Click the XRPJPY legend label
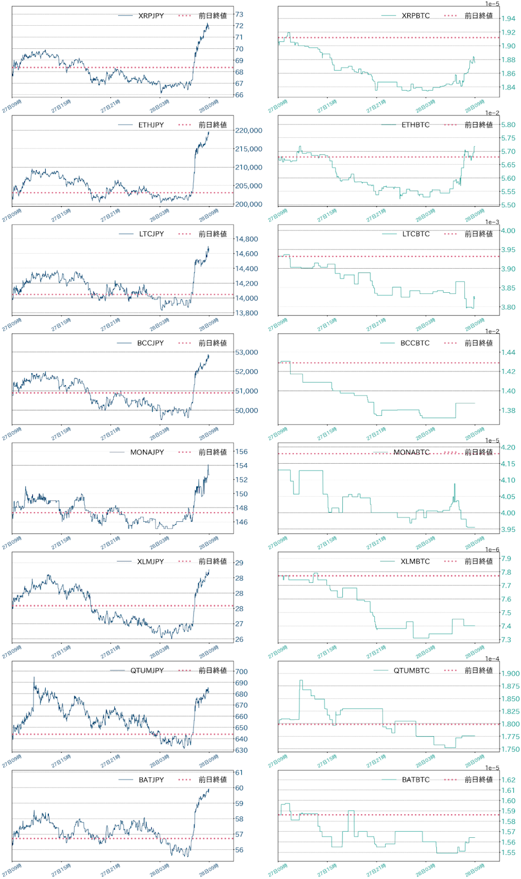click(x=151, y=16)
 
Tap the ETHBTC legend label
click(x=415, y=125)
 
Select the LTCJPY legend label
click(x=151, y=234)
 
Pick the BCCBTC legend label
click(x=415, y=343)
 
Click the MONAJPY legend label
click(x=147, y=452)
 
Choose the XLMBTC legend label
click(x=415, y=561)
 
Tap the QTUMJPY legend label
click(x=147, y=670)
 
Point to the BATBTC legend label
click(x=415, y=780)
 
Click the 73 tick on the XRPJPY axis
click(x=239, y=14)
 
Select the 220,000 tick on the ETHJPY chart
click(x=248, y=130)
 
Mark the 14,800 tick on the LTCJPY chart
click(x=246, y=239)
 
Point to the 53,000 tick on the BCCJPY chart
click(x=246, y=352)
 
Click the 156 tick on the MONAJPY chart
click(x=241, y=452)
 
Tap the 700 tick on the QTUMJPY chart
click(x=241, y=671)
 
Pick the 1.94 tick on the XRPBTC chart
click(x=508, y=19)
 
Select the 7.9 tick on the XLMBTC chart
click(x=506, y=559)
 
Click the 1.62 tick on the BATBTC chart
click(x=508, y=780)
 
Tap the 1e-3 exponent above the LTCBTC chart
click(x=492, y=222)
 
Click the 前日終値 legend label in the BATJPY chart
click(x=213, y=780)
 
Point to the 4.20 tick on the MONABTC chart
click(x=508, y=447)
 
